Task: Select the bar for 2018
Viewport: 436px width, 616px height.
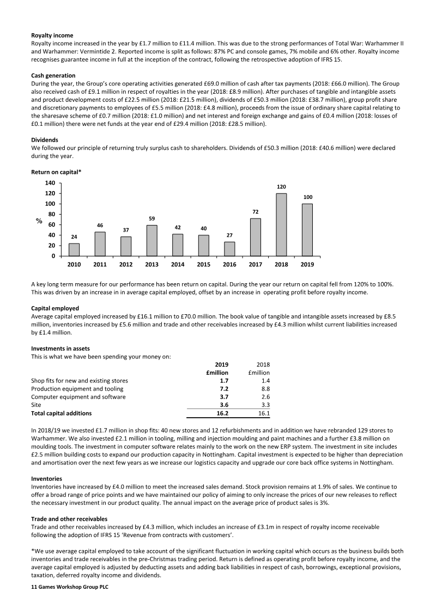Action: pyautogui.click(x=281, y=224)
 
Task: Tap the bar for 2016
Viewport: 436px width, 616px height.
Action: pyautogui.click(x=229, y=248)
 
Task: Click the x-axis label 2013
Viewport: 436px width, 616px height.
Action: pyautogui.click(x=152, y=265)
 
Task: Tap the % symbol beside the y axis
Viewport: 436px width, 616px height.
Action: pyautogui.click(x=39, y=221)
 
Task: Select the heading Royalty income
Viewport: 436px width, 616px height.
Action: pyautogui.click(x=52, y=35)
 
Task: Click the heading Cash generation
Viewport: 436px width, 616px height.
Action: pyautogui.click(x=53, y=75)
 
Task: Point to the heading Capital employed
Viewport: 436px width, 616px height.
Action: pyautogui.click(x=55, y=308)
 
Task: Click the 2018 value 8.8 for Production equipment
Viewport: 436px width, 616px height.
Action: pyautogui.click(x=265, y=389)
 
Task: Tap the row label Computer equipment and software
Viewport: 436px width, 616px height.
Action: pyautogui.click(x=78, y=397)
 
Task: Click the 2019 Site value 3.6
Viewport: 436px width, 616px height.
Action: pyautogui.click(x=223, y=405)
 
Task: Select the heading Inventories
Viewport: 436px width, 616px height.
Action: pyautogui.click(x=46, y=479)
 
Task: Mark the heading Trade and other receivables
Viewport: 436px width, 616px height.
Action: pyautogui.click(x=69, y=519)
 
